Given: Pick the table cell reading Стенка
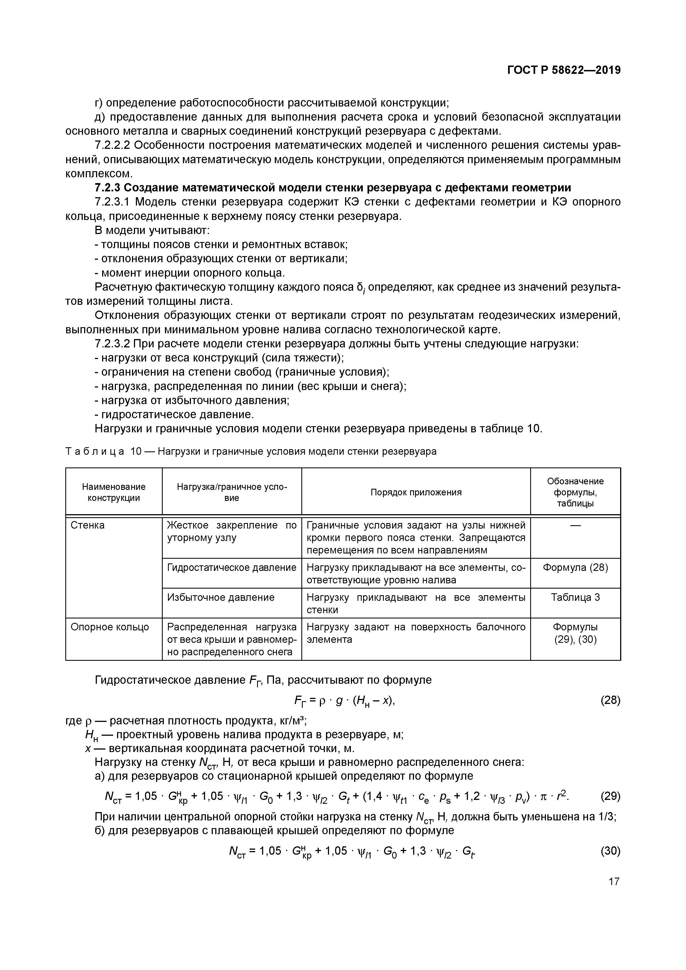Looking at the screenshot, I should (x=87, y=525).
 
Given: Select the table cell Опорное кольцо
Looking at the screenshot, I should (x=110, y=627).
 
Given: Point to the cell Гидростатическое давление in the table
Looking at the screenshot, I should (x=232, y=567).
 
